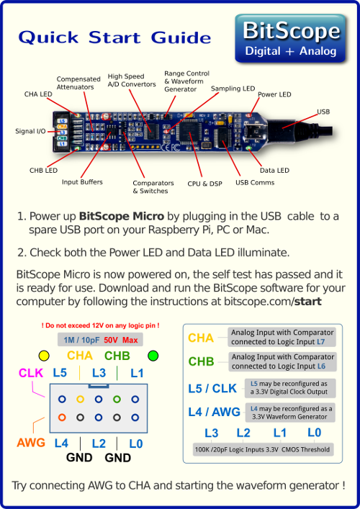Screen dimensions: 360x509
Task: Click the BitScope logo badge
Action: (290, 38)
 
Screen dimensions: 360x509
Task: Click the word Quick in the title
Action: (48, 37)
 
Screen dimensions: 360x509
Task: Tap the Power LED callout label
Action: (274, 94)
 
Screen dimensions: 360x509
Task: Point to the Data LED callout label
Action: (274, 171)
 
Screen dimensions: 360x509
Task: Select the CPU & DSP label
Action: (204, 184)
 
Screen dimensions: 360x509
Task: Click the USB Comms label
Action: (255, 182)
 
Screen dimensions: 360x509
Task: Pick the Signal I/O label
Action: (30, 131)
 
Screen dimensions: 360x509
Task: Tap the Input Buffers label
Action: (82, 181)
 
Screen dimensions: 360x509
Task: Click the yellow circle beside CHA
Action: (44, 356)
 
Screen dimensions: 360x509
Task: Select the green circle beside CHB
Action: (153, 356)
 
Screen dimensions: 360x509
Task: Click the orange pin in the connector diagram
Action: (62, 418)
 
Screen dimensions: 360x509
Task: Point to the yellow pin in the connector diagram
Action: (80, 400)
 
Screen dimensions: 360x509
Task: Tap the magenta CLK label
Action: (31, 373)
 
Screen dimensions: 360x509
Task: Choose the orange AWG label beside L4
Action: (31, 443)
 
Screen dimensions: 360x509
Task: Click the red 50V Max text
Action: (121, 341)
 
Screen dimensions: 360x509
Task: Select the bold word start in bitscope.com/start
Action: (307, 302)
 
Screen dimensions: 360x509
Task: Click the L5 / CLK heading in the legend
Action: (212, 388)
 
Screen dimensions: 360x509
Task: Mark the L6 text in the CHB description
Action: (321, 366)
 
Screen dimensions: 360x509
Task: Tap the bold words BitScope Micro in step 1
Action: (122, 216)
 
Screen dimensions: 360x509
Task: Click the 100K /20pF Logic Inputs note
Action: (262, 449)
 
